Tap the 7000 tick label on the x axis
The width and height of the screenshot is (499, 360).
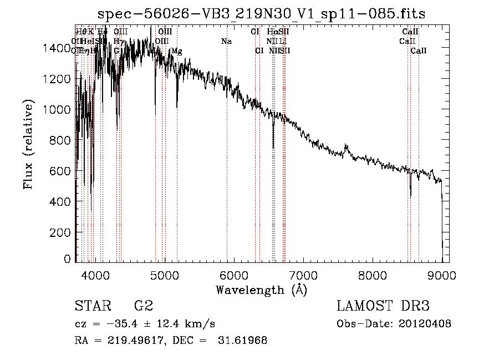pyautogui.click(x=303, y=274)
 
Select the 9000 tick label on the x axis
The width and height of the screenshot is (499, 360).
pyautogui.click(x=442, y=274)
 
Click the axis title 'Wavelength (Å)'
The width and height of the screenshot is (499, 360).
pyautogui.click(x=261, y=290)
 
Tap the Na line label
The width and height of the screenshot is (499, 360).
pyautogui.click(x=226, y=42)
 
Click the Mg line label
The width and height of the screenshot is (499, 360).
pyautogui.click(x=176, y=51)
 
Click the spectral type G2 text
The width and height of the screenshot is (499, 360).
pyautogui.click(x=143, y=306)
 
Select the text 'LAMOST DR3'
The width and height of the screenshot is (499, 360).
pyautogui.click(x=383, y=306)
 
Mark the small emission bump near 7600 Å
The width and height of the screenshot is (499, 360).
pyautogui.click(x=347, y=148)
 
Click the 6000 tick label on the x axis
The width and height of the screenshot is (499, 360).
pyautogui.click(x=234, y=274)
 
